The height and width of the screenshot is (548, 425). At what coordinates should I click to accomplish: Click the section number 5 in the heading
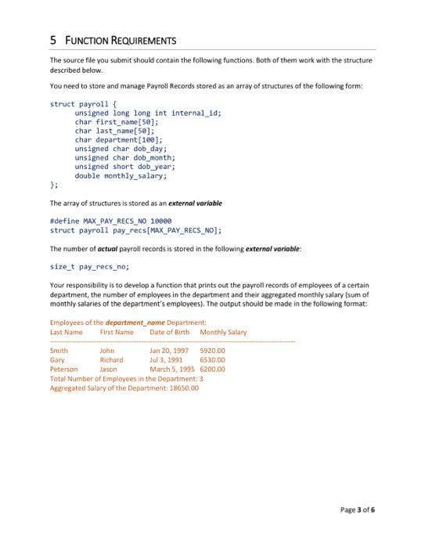pyautogui.click(x=52, y=40)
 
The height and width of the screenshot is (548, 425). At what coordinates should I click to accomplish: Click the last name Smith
pyautogui.click(x=59, y=351)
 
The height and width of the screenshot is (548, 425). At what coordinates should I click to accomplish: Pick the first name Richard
pyautogui.click(x=112, y=359)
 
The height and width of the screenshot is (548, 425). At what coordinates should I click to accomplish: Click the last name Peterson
pyautogui.click(x=63, y=368)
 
